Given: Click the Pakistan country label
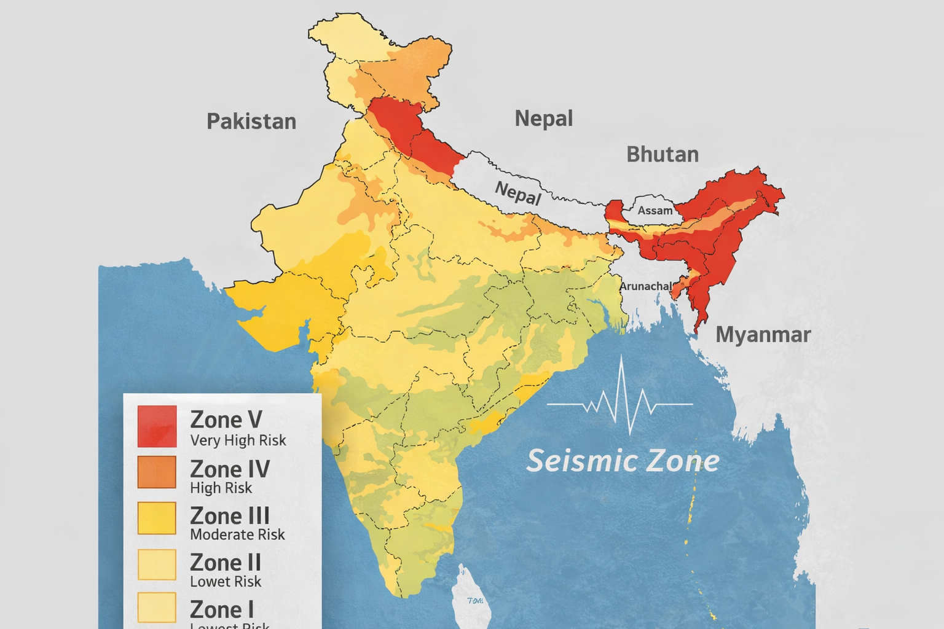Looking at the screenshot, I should [251, 121].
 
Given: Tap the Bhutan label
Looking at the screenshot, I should [663, 154].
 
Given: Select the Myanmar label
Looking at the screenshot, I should [763, 335].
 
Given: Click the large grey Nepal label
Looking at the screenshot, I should [543, 118].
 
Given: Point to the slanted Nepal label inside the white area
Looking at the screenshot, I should [518, 193].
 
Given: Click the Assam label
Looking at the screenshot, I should [655, 211].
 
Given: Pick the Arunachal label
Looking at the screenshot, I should [645, 286].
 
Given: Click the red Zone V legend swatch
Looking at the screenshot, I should [157, 426].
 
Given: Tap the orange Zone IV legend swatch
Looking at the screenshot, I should [157, 472].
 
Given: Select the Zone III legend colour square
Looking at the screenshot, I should [157, 518].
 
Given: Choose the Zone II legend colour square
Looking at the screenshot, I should [157, 565].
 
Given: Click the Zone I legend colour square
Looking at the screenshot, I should [157, 608].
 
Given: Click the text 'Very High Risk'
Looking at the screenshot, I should [238, 440].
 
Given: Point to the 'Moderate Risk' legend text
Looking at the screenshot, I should [237, 534].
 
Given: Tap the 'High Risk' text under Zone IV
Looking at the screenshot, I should [221, 488].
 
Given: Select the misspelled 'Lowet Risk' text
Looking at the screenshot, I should [226, 582].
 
